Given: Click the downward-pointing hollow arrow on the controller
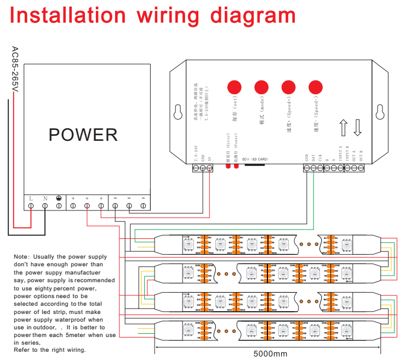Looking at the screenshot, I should (x=358, y=127).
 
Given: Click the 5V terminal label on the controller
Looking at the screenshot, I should (x=210, y=158).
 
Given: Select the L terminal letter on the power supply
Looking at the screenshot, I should (x=31, y=198).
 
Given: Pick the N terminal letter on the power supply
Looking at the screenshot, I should (x=45, y=198).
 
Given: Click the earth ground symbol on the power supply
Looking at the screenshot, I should (x=59, y=198).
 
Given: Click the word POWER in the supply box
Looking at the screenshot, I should (x=83, y=135).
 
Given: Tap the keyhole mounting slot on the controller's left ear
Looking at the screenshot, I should (x=178, y=112).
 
